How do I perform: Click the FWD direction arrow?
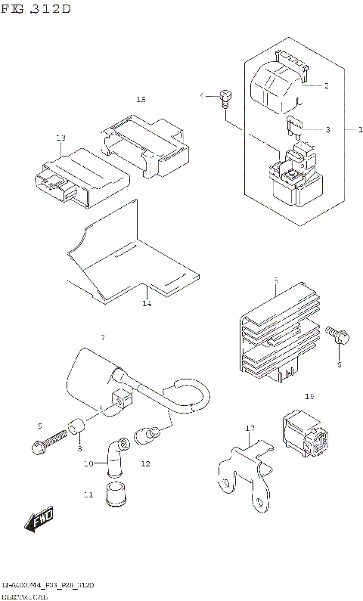pyautogui.click(x=38, y=520)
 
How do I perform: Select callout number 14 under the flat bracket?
pyautogui.click(x=146, y=304)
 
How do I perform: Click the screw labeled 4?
pyautogui.click(x=224, y=96)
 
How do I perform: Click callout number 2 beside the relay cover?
pyautogui.click(x=326, y=85)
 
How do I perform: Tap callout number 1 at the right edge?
pyautogui.click(x=349, y=129)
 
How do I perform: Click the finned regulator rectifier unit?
pyautogui.click(x=273, y=333)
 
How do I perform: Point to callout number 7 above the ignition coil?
pyautogui.click(x=103, y=336)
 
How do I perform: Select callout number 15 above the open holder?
pyautogui.click(x=141, y=99)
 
